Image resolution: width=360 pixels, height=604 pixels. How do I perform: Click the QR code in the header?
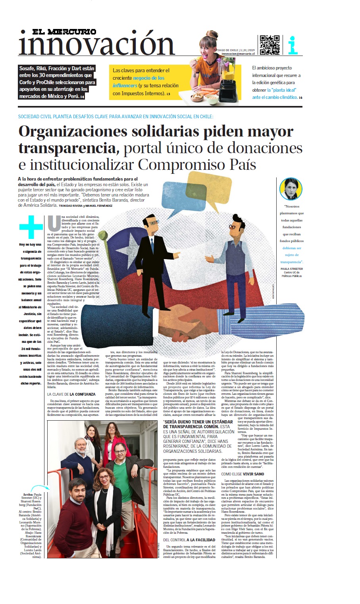(x=269, y=45)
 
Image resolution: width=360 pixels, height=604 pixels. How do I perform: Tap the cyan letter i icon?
(x=293, y=45)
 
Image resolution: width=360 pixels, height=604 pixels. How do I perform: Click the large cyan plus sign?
(x=31, y=227)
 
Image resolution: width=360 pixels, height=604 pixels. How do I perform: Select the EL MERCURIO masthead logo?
(x=64, y=32)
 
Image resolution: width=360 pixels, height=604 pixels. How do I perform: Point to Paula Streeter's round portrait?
(x=291, y=189)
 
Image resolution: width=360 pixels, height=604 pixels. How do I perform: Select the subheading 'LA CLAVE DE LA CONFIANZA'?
(x=71, y=394)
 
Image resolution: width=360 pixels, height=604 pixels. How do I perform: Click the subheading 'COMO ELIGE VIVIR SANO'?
(x=243, y=474)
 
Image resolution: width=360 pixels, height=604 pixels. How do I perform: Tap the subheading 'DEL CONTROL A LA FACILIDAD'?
(x=189, y=540)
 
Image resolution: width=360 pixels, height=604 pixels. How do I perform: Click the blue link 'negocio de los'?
(x=148, y=78)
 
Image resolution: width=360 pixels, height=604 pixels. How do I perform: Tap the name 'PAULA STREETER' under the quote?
(x=291, y=269)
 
